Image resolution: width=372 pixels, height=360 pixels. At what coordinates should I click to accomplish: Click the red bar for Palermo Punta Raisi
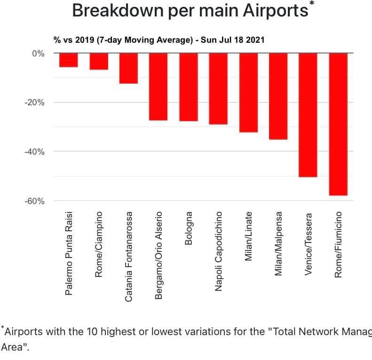[x=69, y=60]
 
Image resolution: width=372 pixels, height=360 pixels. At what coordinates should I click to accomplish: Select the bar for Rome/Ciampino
[x=99, y=62]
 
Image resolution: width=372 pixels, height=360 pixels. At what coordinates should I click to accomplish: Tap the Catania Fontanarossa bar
[x=129, y=69]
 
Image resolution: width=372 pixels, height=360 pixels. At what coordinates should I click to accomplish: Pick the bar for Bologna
[x=189, y=87]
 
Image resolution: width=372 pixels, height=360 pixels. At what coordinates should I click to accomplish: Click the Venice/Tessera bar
[x=308, y=115]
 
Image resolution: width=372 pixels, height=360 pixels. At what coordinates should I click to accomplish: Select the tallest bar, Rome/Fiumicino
[x=338, y=124]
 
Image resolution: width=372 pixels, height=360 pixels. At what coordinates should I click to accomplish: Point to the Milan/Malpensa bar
[x=278, y=96]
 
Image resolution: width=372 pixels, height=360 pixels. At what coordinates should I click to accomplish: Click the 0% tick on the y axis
[x=38, y=54]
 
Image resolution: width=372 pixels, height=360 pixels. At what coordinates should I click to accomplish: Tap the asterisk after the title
[x=312, y=4]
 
